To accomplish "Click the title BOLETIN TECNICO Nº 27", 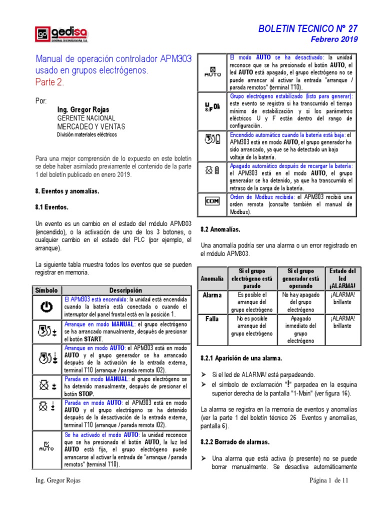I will click(x=307, y=29).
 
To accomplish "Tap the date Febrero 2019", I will click(x=334, y=39).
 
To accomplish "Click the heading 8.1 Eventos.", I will click(x=51, y=206).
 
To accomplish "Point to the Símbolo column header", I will click(x=47, y=290).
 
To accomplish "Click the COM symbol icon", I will click(x=212, y=201).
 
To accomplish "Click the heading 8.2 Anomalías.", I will click(x=220, y=229).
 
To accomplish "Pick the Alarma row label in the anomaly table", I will click(x=211, y=295).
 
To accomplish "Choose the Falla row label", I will click(x=211, y=318).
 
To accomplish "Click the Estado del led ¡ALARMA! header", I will click(x=342, y=278).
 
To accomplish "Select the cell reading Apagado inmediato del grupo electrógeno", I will click(x=300, y=329).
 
